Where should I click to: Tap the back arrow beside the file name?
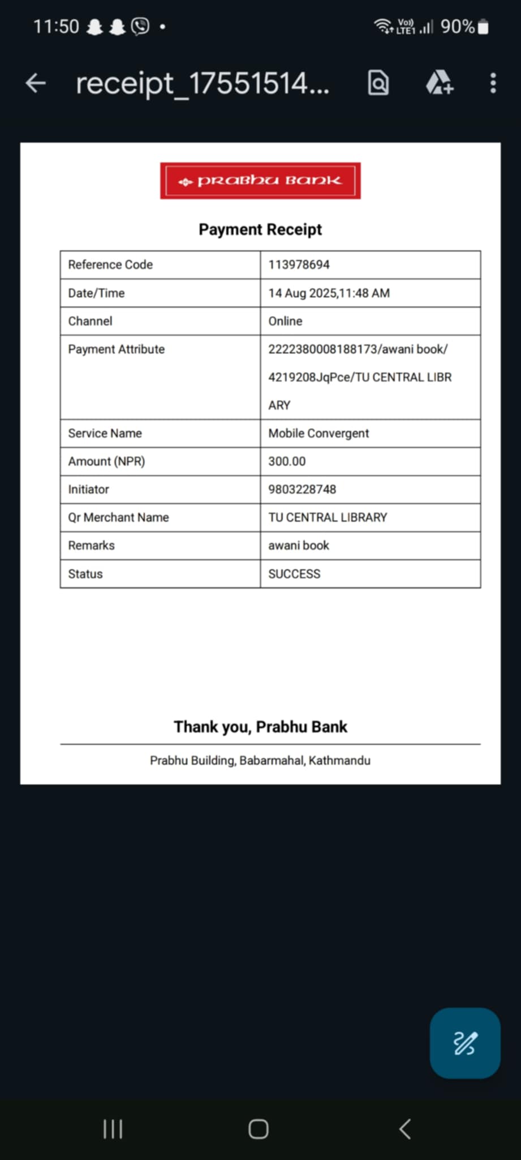pyautogui.click(x=35, y=83)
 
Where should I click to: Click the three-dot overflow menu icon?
pyautogui.click(x=493, y=83)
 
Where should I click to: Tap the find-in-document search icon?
pyautogui.click(x=378, y=83)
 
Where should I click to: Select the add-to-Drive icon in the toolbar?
pyautogui.click(x=439, y=83)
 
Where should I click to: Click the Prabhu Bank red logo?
pyautogui.click(x=260, y=181)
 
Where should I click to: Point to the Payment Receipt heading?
pyautogui.click(x=260, y=229)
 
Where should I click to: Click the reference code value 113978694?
pyautogui.click(x=299, y=265)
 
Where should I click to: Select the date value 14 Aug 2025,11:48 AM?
pyautogui.click(x=329, y=293)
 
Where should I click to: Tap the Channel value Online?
pyautogui.click(x=285, y=321)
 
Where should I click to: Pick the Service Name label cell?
pyautogui.click(x=105, y=433)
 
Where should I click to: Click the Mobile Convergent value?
pyautogui.click(x=318, y=433)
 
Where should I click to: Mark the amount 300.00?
pyautogui.click(x=287, y=461)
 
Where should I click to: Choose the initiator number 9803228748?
pyautogui.click(x=302, y=489)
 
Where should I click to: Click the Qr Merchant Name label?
pyautogui.click(x=118, y=517)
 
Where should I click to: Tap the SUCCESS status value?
pyautogui.click(x=294, y=574)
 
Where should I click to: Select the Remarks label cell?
pyautogui.click(x=91, y=545)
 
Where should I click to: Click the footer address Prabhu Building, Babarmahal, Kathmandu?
pyautogui.click(x=260, y=760)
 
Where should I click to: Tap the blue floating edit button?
pyautogui.click(x=465, y=1043)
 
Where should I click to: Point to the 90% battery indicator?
pyautogui.click(x=464, y=27)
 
